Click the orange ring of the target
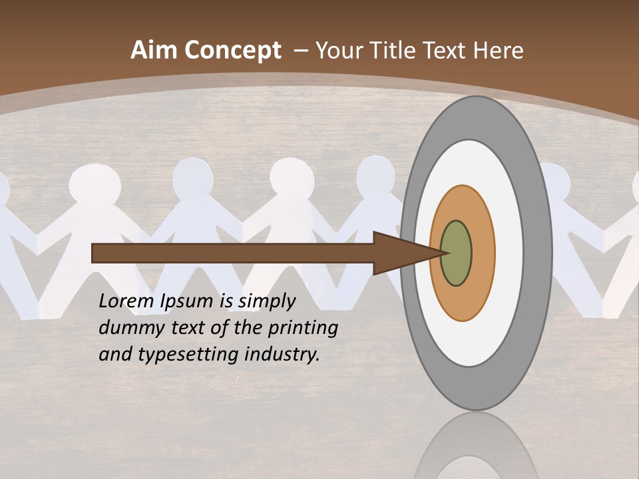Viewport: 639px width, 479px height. click(482, 253)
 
